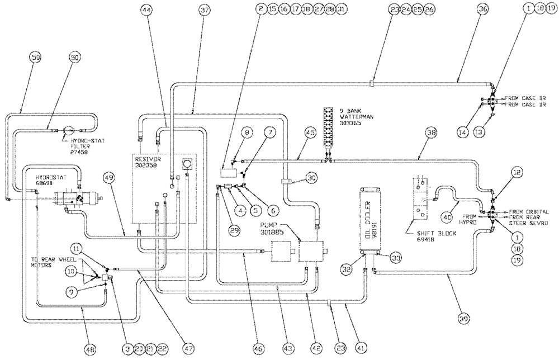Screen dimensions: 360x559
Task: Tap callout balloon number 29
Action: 234,229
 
